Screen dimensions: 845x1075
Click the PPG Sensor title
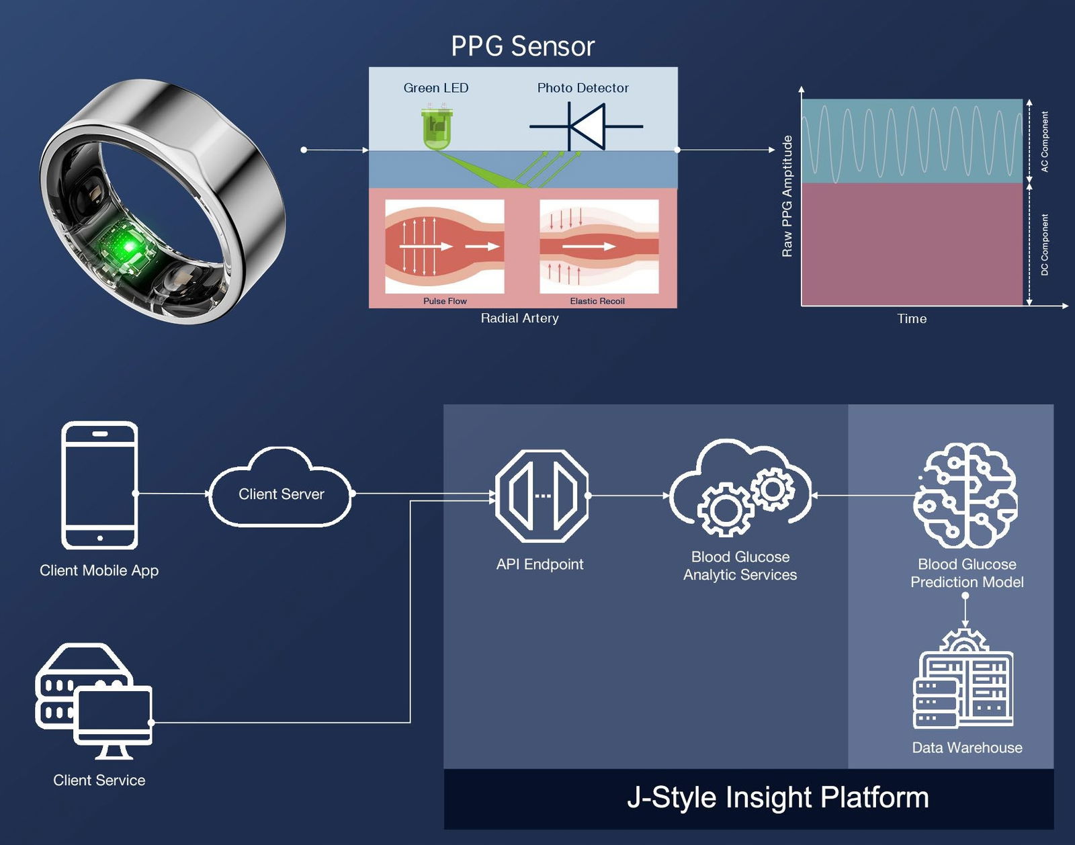[523, 46]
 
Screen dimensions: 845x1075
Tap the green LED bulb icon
[436, 128]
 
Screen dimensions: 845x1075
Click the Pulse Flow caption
[445, 301]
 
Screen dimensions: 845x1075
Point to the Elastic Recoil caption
[597, 301]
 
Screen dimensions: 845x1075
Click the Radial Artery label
[519, 318]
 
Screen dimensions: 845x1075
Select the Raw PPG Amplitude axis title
[787, 196]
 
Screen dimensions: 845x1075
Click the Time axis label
[912, 319]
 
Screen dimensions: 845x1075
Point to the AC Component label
[1044, 142]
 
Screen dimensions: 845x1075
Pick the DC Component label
[1044, 244]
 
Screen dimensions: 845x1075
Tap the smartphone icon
[99, 485]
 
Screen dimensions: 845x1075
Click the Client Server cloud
[281, 494]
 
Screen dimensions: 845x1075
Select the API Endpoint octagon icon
[542, 496]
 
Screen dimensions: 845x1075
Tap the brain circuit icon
[965, 495]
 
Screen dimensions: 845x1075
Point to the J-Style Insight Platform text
[777, 798]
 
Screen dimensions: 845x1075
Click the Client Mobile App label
[99, 570]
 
